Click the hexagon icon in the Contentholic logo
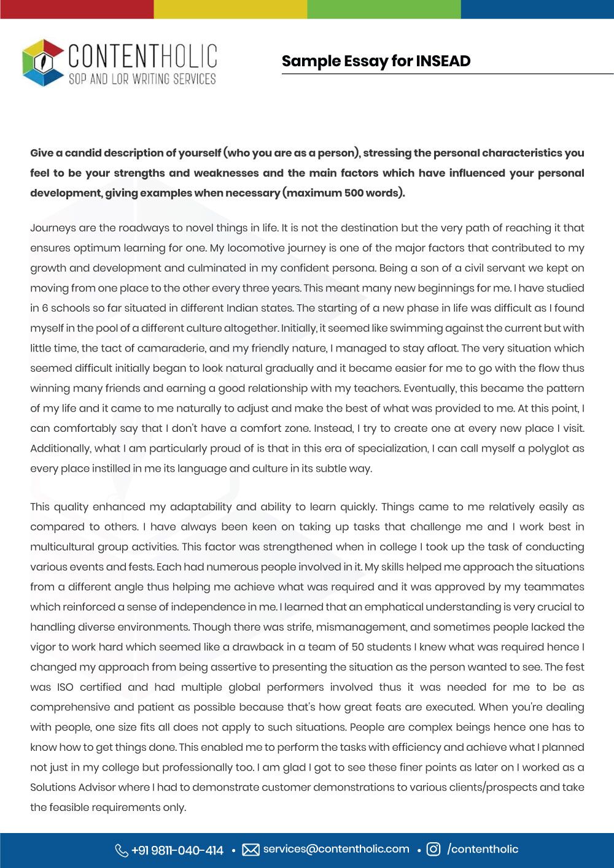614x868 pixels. pos(42,63)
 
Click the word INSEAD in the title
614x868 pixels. pos(443,61)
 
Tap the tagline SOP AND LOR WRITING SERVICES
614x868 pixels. pos(142,79)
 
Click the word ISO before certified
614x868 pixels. pos(64,687)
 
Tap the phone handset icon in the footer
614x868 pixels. pos(121,850)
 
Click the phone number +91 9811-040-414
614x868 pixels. pos(177,850)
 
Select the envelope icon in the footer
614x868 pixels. pos(251,850)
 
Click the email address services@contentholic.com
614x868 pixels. pos(336,849)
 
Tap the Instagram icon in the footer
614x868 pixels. pos(433,849)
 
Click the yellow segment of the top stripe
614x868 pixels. pos(230,9)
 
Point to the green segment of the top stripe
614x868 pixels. pos(384,9)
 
